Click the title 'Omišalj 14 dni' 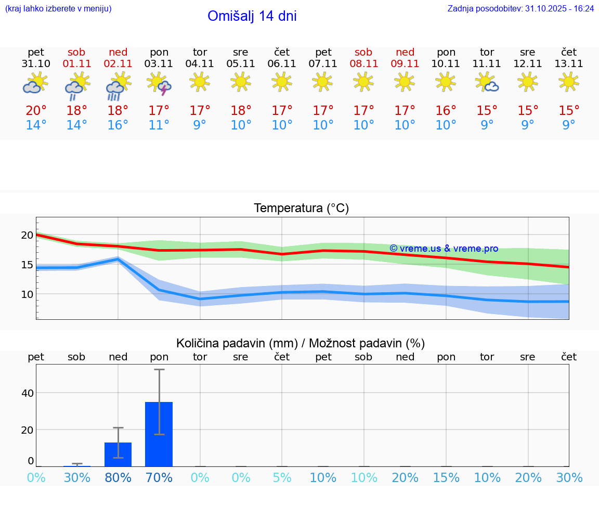tap(252, 16)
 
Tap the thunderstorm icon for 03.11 tap(159, 84)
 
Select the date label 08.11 tap(363, 64)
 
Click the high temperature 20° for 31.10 tap(36, 111)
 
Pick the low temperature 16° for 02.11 tap(118, 125)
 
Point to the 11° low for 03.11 tap(159, 125)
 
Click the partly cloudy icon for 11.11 tap(487, 83)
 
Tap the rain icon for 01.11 tap(77, 85)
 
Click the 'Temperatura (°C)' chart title tap(301, 209)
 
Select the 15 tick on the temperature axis tap(27, 265)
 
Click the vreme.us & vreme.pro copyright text tap(444, 249)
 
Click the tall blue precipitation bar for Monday tap(159, 434)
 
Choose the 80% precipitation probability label tap(118, 478)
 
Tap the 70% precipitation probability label tap(159, 478)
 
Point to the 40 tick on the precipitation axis tap(27, 393)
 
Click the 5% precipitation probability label tap(282, 478)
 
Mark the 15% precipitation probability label tap(446, 478)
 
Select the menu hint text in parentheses tap(58, 9)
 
